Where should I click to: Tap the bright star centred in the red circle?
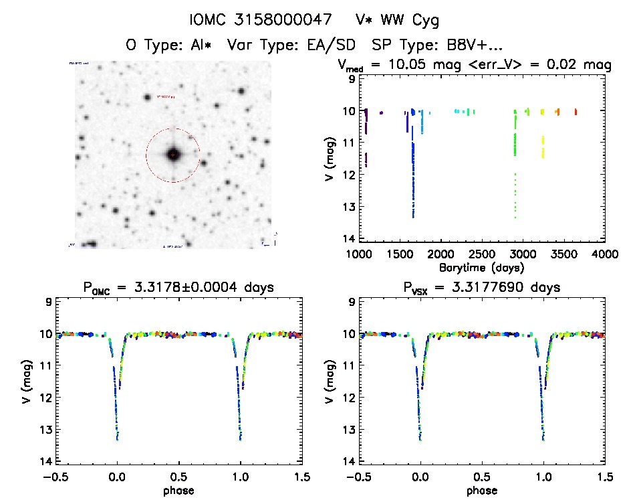point(173,155)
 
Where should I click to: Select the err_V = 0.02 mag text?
point(546,65)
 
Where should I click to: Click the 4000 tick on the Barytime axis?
point(605,254)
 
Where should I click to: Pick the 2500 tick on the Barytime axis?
point(482,254)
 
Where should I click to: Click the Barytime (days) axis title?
point(482,267)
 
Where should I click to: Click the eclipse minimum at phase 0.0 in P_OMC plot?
point(118,439)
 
